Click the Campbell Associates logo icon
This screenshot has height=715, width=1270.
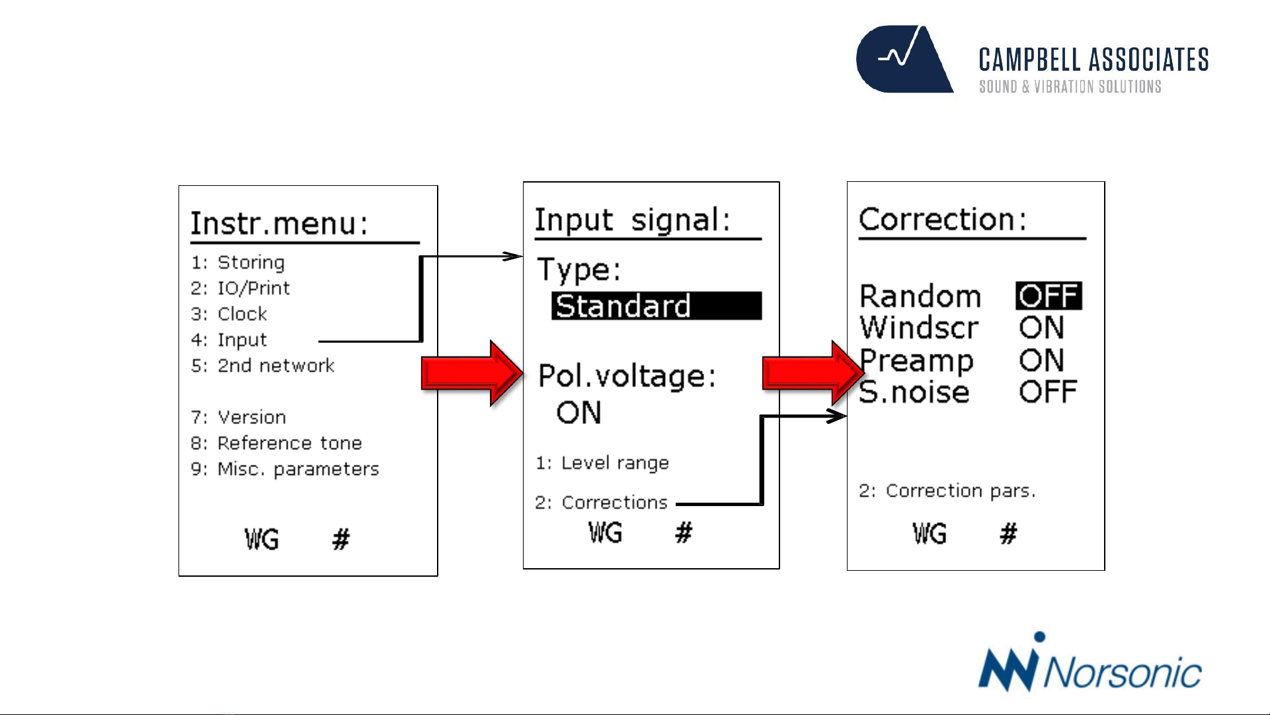point(904,60)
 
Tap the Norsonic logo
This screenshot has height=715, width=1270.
point(1090,663)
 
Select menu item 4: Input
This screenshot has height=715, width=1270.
point(229,340)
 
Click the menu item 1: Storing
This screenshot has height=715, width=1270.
point(238,263)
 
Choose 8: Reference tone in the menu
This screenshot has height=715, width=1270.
point(276,443)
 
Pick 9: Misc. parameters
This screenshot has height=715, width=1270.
point(285,469)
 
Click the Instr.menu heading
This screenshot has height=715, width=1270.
point(279,224)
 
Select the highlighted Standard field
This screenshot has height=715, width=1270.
point(656,306)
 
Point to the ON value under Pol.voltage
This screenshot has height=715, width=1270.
point(579,413)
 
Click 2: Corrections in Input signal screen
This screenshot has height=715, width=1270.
point(602,503)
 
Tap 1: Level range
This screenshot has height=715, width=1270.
point(602,463)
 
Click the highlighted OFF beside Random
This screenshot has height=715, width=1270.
point(1049,296)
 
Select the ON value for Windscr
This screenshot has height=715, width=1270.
point(1042,328)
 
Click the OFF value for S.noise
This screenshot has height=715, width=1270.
point(1049,392)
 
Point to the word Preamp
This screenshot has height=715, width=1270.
point(916,361)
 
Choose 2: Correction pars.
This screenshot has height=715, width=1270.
point(947,491)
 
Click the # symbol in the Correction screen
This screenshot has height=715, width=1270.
point(1008,533)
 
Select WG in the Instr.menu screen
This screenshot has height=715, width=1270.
point(262,540)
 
